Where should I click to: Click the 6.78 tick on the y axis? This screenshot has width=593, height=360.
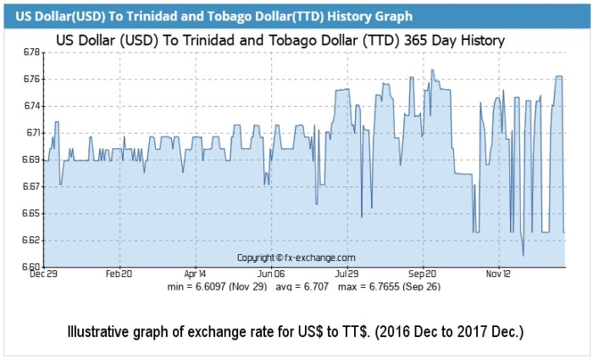pos(31,53)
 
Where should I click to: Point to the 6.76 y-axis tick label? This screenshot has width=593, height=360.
pos(31,79)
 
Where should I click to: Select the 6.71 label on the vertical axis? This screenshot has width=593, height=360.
pos(31,132)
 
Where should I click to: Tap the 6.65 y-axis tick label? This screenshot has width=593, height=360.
pos(31,213)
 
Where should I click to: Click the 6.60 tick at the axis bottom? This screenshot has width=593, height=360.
pos(31,266)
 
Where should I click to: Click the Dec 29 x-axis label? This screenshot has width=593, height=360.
pos(43,274)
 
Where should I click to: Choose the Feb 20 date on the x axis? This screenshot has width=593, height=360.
pos(119,274)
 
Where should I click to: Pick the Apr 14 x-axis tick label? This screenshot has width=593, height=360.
pos(195,274)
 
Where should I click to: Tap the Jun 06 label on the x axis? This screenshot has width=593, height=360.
pos(271,274)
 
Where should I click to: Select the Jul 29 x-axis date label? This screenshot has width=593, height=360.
pos(346,274)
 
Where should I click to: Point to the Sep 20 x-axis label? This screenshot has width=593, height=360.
pos(422,274)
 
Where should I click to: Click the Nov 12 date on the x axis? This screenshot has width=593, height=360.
pos(498,274)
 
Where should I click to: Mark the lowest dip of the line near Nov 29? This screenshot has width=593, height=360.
pos(523,255)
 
